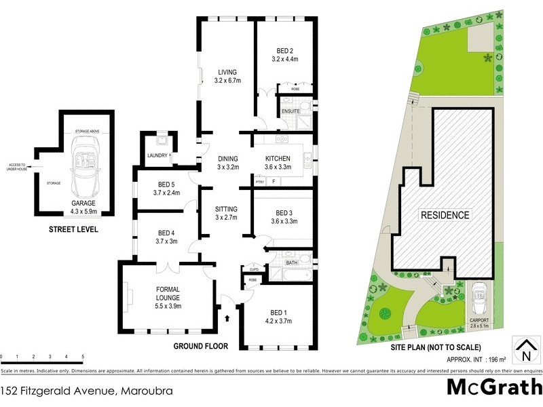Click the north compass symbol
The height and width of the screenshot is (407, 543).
(525, 350)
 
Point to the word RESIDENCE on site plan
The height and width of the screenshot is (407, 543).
(445, 215)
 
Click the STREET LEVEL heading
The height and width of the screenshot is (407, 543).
(73, 230)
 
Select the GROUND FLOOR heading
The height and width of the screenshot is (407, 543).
(201, 345)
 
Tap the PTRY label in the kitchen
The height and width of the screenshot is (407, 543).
(259, 181)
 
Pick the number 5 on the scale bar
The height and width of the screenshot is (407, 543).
(83, 356)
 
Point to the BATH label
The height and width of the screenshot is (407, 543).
(293, 262)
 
